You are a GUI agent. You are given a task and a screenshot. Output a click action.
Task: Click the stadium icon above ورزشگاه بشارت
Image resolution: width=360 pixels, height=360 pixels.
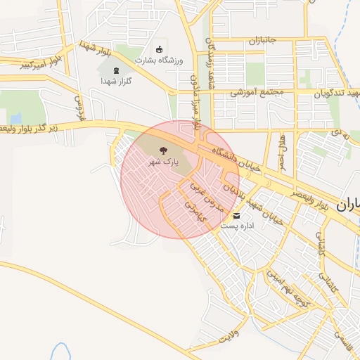point(160,49)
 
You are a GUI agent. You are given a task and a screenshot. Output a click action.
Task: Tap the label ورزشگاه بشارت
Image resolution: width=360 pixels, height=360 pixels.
point(161,60)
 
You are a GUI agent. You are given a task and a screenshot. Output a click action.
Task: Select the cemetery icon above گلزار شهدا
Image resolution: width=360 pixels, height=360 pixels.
point(116,69)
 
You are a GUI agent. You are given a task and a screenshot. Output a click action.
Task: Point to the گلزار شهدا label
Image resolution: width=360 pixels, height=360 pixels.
point(116,81)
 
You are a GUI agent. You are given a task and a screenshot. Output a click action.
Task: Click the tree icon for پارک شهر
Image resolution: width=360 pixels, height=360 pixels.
point(163,150)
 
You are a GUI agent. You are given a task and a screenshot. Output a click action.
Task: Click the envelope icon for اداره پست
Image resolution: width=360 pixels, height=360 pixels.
point(236,215)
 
